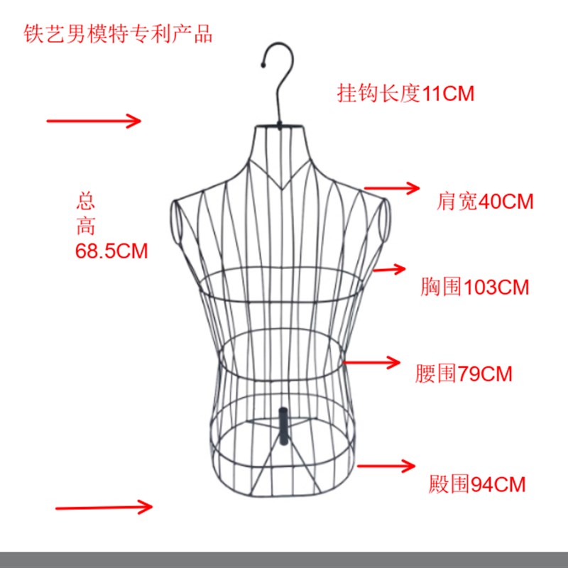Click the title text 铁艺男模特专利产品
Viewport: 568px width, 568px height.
tap(118, 33)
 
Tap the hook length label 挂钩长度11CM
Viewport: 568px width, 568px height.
tap(405, 93)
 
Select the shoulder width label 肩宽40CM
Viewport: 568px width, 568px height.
tap(485, 202)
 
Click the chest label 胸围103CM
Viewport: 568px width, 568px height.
tap(474, 287)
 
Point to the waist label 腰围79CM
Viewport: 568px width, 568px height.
tap(464, 373)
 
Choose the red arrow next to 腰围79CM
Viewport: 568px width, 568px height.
tap(373, 362)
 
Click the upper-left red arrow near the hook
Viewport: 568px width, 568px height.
tap(94, 121)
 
